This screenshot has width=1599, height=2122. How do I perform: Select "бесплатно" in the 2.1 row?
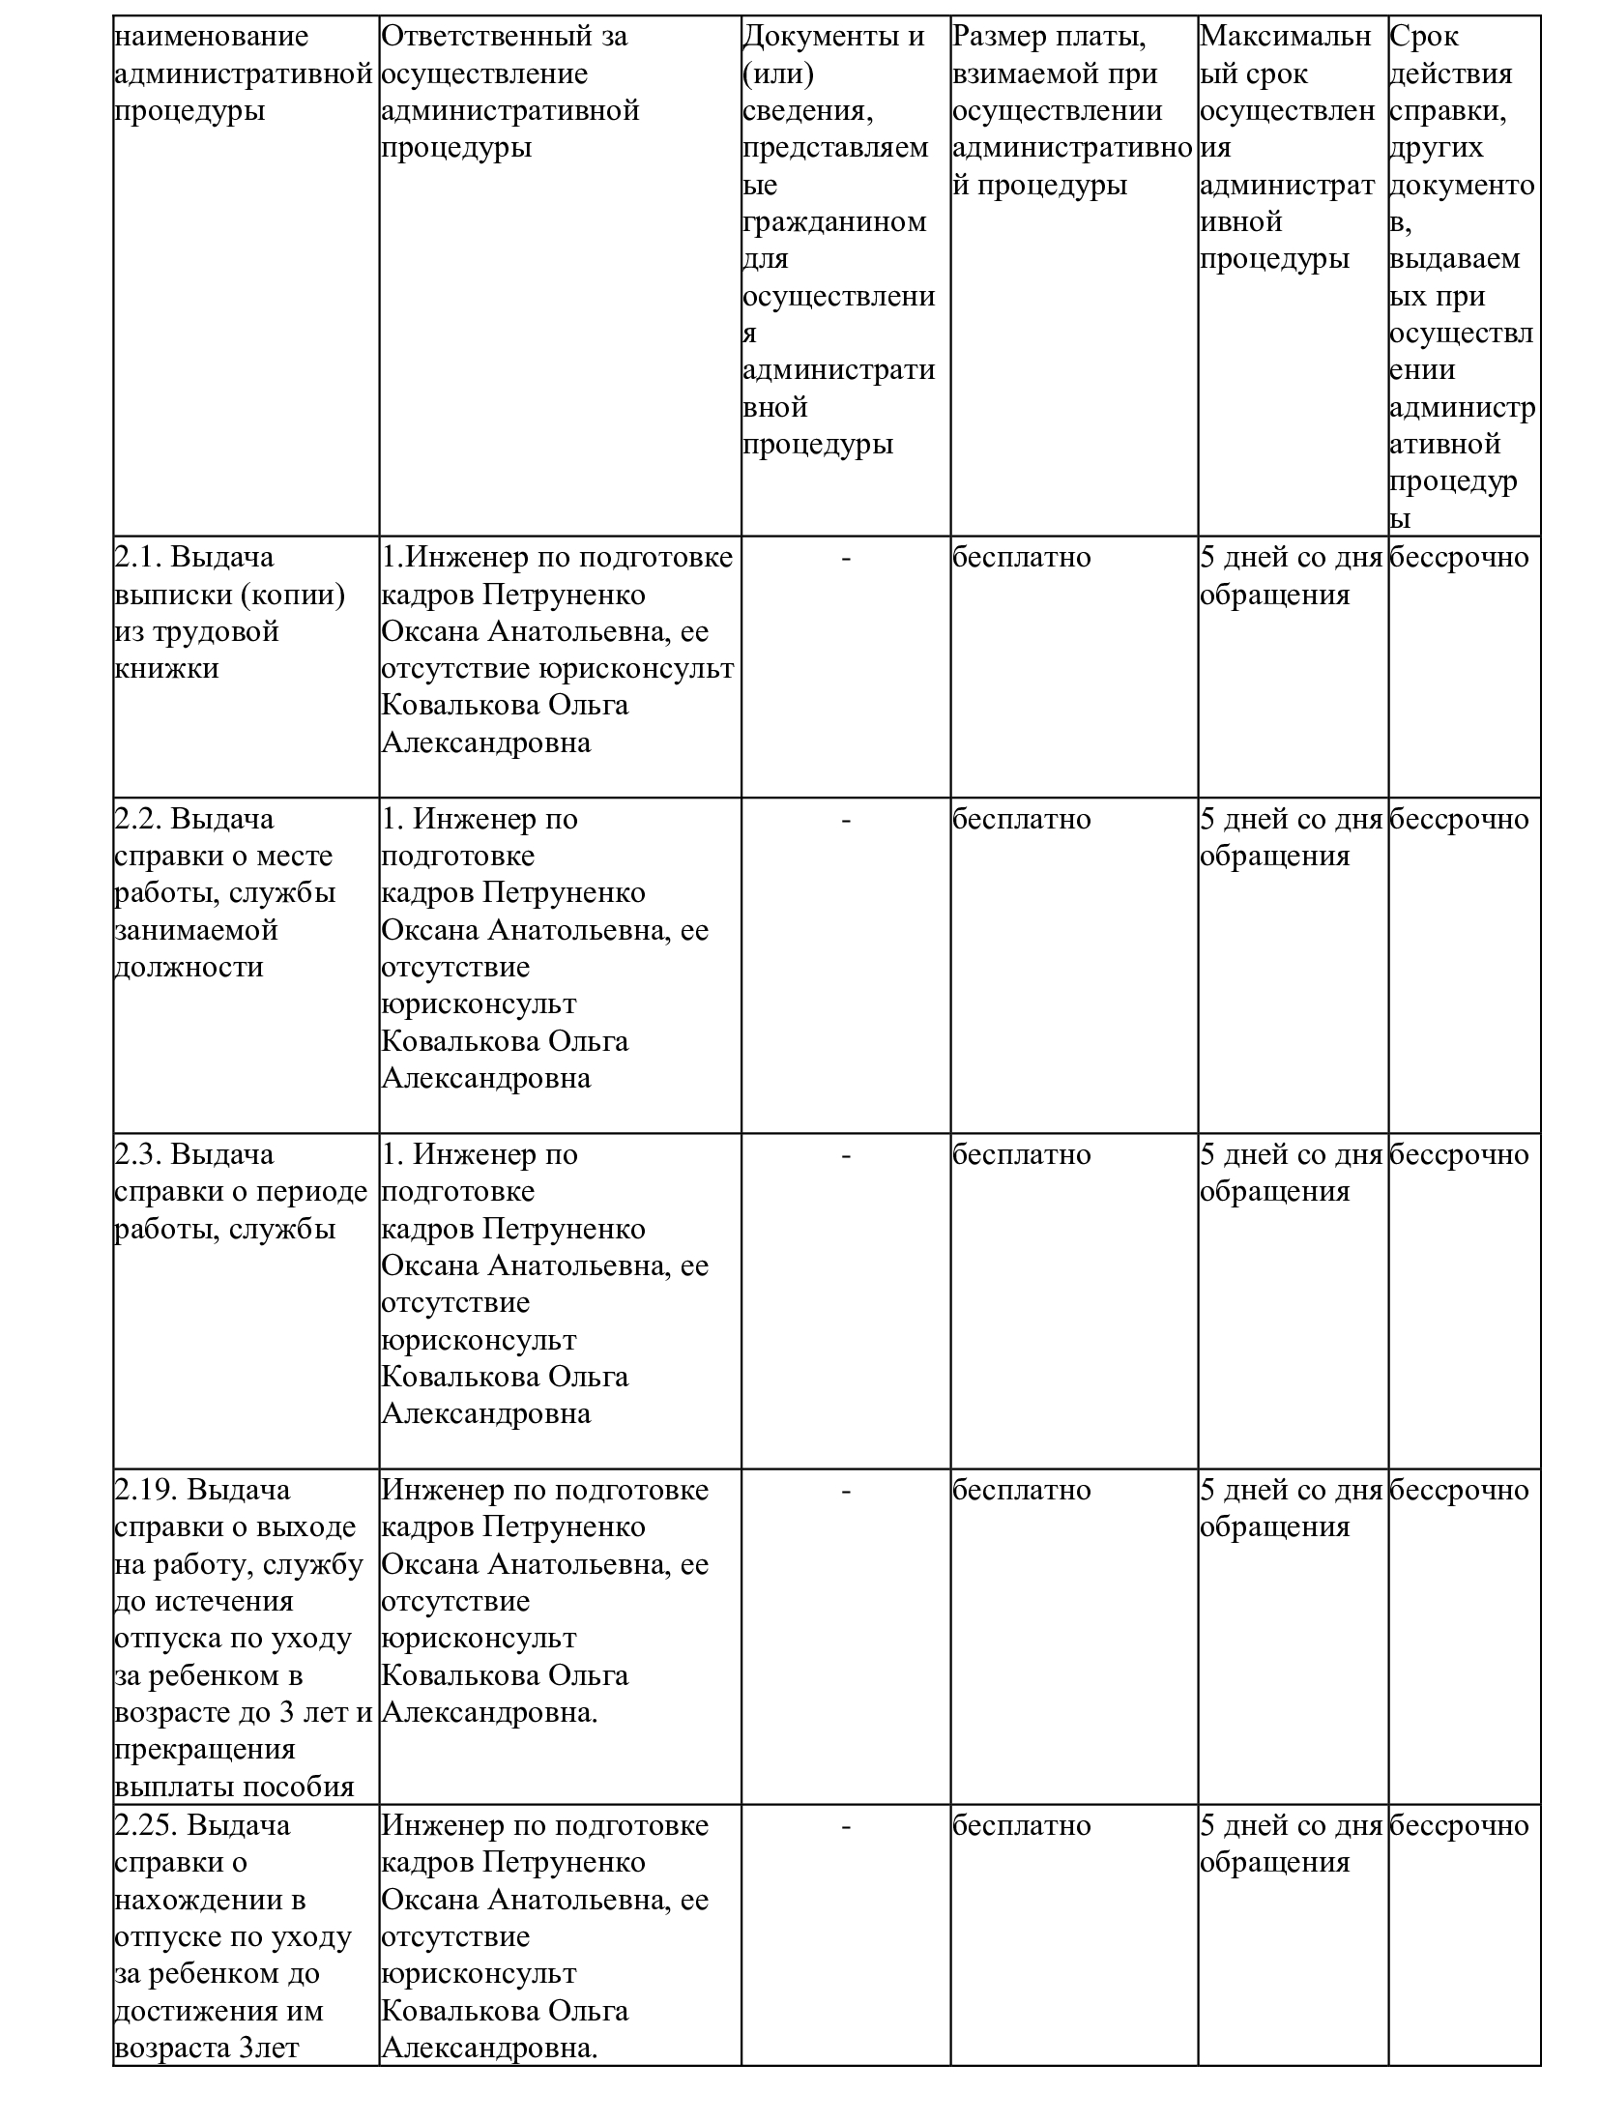1021,558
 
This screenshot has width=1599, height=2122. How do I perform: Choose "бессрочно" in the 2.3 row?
1459,1154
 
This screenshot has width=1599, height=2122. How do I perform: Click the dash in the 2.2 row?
846,820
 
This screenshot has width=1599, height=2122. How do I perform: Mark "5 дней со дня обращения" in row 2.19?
1291,1508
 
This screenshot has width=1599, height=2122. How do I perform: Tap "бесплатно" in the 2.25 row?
1021,1825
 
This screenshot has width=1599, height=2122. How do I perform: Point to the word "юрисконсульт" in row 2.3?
479,1340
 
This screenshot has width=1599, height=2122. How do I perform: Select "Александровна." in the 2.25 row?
489,2048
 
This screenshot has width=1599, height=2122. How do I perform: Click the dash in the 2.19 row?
846,1491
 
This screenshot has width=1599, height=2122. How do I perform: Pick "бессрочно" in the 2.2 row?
1459,819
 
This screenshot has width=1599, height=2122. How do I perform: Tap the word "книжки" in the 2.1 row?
166,668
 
